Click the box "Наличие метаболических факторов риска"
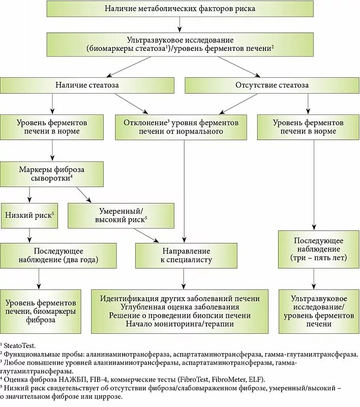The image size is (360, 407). coord(180,9)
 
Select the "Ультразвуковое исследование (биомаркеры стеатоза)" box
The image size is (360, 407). coord(180,44)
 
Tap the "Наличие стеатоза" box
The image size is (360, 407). coord(87,85)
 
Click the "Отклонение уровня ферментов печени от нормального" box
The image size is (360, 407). coord(181,127)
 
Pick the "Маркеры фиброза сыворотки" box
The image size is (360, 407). coord(52,174)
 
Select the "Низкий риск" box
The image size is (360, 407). coord(29,215)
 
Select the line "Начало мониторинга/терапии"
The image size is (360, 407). coord(180,324)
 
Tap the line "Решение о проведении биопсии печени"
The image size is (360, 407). coord(180,315)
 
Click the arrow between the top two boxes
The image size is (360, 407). coord(180,24)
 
